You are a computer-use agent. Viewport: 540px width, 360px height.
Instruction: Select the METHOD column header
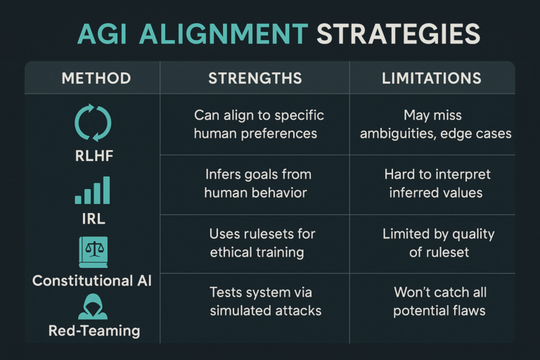coord(96,77)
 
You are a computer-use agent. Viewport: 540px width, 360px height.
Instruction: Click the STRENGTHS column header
coord(255,77)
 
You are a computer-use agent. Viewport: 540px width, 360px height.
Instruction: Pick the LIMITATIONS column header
coord(432,77)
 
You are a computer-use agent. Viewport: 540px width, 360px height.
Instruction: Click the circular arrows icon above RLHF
coord(93,122)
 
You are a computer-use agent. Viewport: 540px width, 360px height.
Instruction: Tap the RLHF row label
coord(93,156)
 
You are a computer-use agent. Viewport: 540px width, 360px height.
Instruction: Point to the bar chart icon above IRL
coord(93,190)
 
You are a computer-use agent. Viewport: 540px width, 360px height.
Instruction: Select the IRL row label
coord(93,219)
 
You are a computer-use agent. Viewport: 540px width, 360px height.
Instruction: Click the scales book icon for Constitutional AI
coord(93,250)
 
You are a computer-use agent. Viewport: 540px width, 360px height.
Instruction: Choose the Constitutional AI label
coord(92,281)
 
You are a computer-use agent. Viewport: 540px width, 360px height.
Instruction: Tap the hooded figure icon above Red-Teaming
coord(93,307)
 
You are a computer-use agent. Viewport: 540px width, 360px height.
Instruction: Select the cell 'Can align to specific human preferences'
coord(259,124)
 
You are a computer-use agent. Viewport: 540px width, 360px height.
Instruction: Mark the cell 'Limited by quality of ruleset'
coord(437,243)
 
